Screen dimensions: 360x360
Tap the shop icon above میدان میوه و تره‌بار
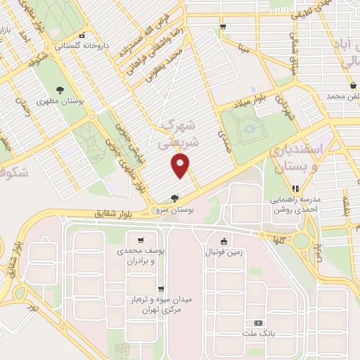point(162,288)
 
